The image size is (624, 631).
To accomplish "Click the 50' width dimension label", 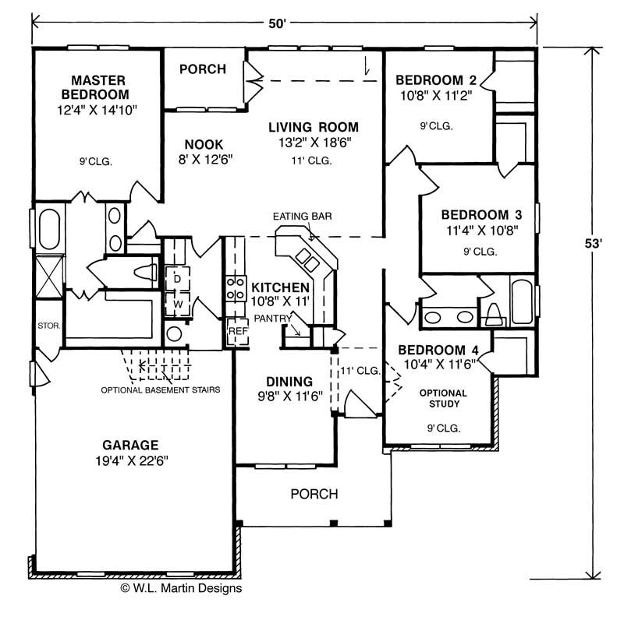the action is point(277,23).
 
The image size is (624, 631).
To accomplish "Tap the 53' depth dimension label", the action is point(594,244).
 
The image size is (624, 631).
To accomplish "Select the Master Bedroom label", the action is point(95,87).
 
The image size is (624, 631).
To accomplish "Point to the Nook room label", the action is point(204,144).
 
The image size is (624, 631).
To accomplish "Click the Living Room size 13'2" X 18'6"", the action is point(315,143).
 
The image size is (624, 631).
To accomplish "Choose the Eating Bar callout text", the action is point(303,217).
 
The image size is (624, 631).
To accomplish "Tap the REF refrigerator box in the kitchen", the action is point(238,331).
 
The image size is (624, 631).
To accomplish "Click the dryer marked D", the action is point(177,279).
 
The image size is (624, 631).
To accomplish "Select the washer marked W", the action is point(177,305).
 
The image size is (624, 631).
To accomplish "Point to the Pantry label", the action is point(273,319).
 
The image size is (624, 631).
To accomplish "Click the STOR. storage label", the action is point(48,326).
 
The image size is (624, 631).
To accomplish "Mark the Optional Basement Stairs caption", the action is point(161,390).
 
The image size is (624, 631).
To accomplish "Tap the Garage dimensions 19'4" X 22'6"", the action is point(132,460).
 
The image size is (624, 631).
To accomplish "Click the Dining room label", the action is point(289,382).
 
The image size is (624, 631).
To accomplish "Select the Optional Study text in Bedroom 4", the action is point(444,398).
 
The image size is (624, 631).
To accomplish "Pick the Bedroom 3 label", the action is point(482,215).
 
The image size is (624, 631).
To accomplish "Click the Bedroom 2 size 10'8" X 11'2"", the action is point(436,96).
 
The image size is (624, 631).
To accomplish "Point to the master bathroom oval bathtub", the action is point(49,229).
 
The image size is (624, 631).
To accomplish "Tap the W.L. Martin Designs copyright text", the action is point(181,588).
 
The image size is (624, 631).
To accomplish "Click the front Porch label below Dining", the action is point(314,494).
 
